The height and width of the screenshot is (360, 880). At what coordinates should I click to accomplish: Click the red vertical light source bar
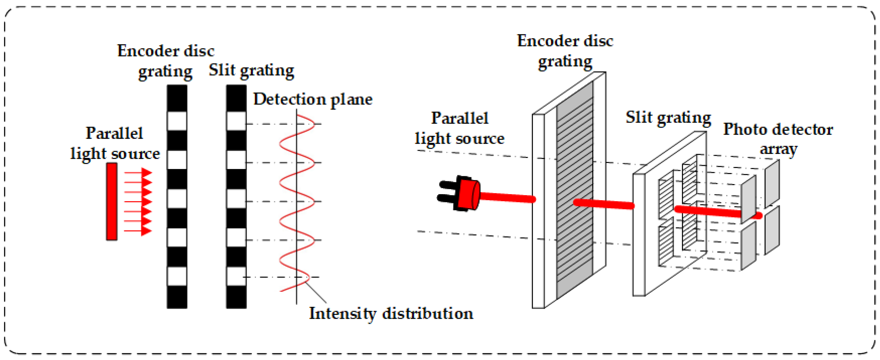click(x=111, y=201)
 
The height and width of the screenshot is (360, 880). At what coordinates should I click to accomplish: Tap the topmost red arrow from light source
click(x=138, y=172)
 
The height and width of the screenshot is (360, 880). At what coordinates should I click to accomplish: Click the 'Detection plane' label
click(x=312, y=99)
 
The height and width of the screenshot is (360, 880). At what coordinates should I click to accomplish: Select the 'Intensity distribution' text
click(x=391, y=313)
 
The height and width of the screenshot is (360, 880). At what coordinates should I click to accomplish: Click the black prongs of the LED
click(x=446, y=191)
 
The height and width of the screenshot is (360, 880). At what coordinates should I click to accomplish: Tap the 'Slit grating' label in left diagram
click(x=251, y=71)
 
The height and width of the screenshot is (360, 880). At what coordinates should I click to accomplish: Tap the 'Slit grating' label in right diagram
click(x=668, y=118)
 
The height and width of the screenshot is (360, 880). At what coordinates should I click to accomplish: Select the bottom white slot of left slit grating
click(x=236, y=276)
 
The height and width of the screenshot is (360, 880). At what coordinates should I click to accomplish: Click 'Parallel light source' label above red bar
click(x=115, y=143)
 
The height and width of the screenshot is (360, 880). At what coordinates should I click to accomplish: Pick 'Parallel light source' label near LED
click(x=459, y=128)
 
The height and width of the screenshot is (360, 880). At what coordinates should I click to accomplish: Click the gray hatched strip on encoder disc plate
click(x=575, y=191)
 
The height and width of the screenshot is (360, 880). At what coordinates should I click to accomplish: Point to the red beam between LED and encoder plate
click(x=507, y=197)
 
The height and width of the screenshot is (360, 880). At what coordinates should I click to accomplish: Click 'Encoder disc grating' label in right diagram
click(x=565, y=51)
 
